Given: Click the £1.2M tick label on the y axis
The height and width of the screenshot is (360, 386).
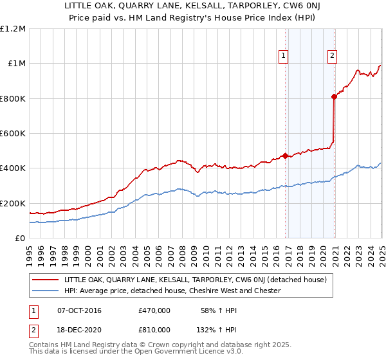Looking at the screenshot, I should tap(13, 29).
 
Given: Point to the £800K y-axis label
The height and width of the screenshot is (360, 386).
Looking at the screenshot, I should tap(13, 99).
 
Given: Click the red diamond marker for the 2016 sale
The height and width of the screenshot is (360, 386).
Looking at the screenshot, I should tap(285, 156).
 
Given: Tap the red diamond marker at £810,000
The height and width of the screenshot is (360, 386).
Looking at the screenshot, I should tap(334, 97).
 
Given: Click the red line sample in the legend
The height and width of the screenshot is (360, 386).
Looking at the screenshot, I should tap(46, 280).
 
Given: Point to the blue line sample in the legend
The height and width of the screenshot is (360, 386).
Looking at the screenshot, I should tap(46, 291).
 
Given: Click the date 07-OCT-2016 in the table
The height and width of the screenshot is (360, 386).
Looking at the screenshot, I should tap(79, 310).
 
